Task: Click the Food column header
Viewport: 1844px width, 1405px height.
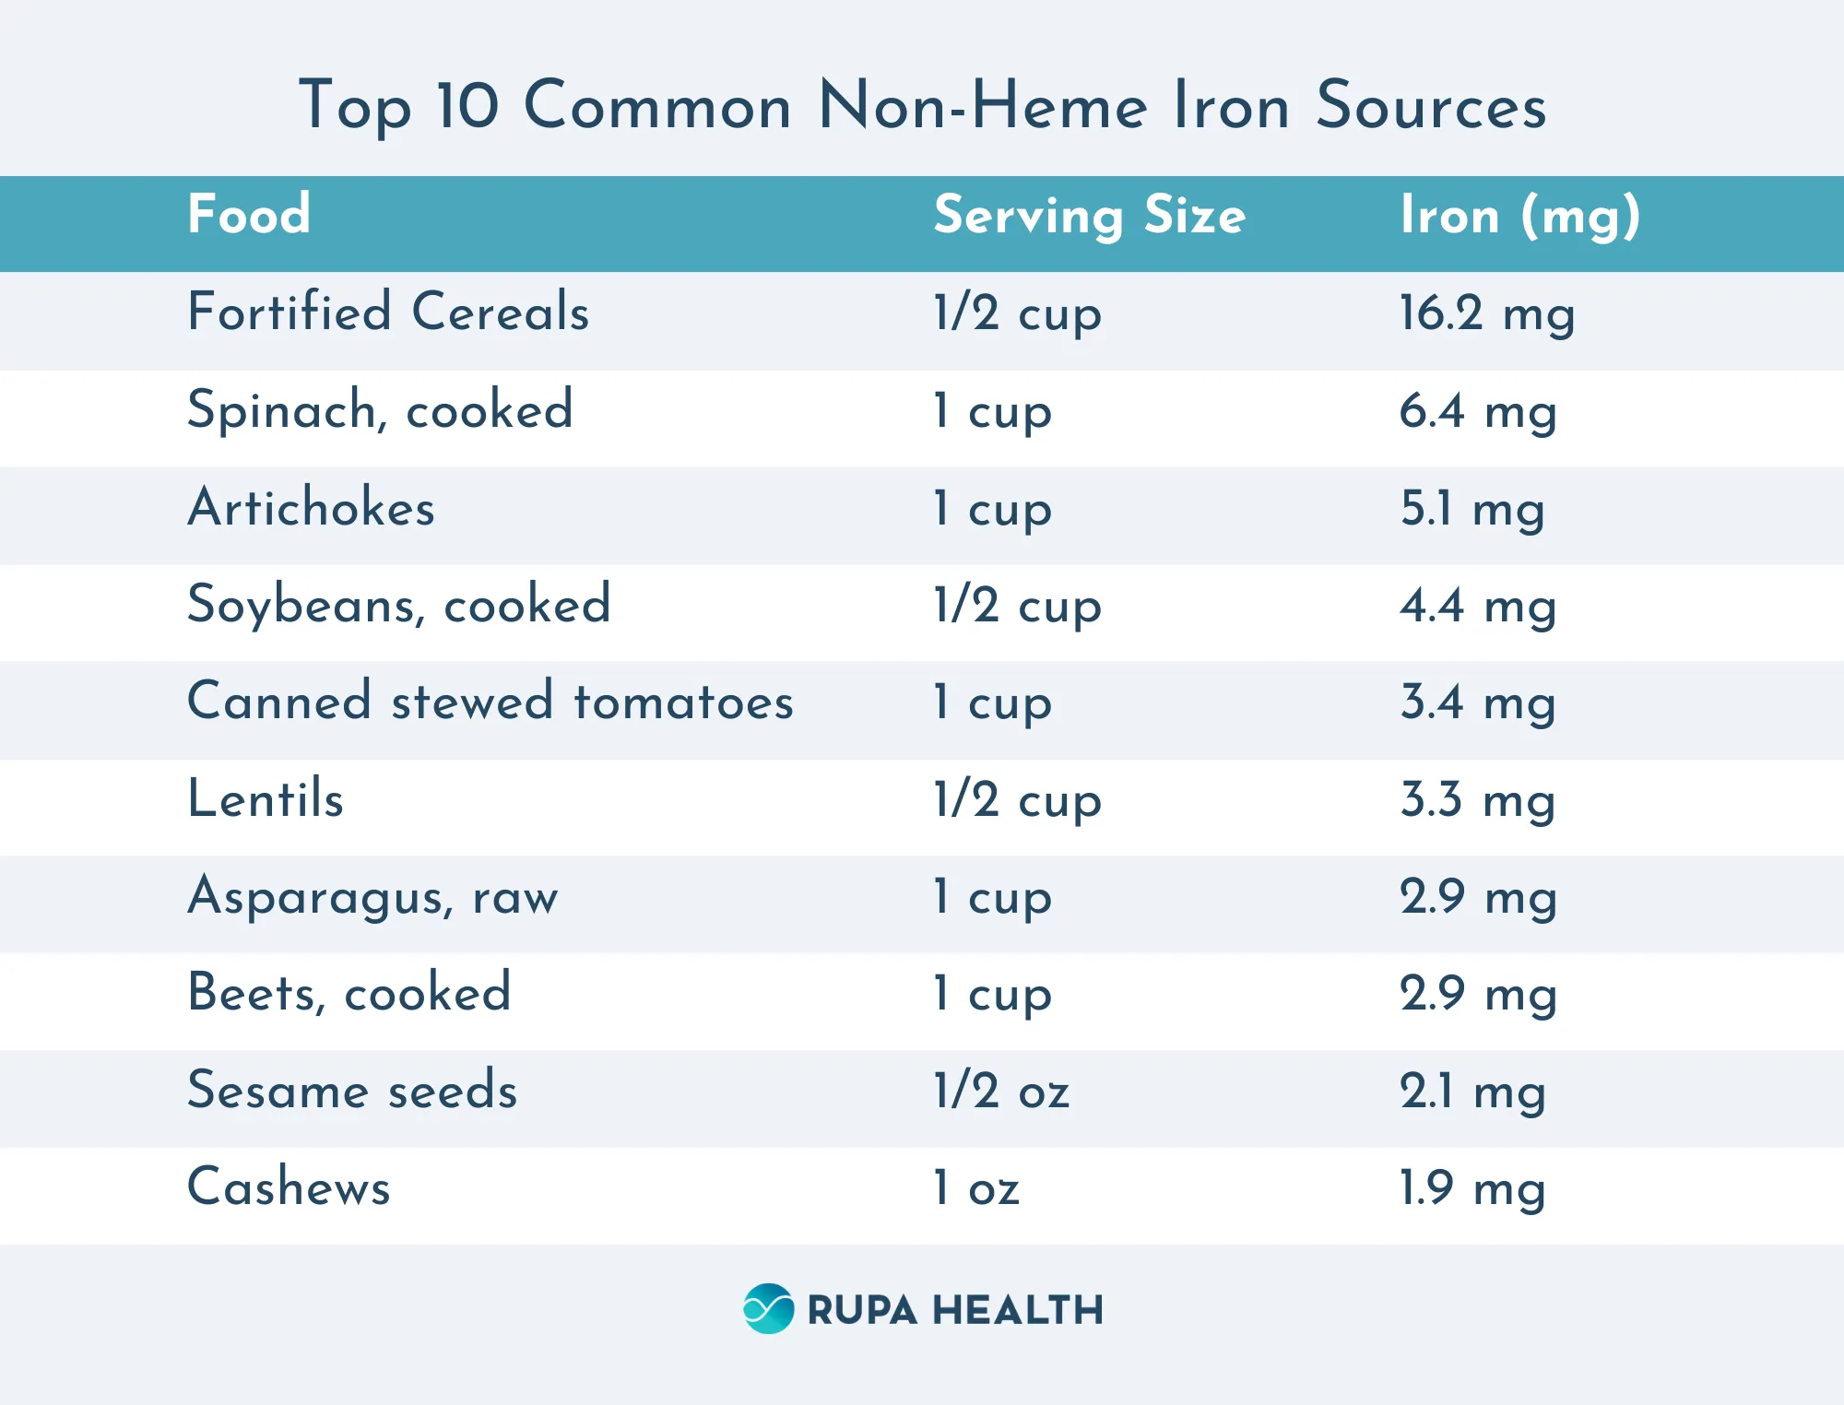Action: point(249,215)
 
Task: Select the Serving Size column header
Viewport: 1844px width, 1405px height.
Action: point(1089,217)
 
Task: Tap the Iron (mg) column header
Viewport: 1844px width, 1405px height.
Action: point(1519,217)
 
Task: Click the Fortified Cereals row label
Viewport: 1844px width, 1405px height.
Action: point(388,312)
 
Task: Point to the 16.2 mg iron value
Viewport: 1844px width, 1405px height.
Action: point(1486,313)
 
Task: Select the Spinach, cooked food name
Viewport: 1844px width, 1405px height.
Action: point(380,410)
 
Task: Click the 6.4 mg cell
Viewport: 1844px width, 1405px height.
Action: point(1477,412)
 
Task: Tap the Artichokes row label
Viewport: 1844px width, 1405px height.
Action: point(311,508)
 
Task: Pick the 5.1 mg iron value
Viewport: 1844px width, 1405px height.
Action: point(1472,509)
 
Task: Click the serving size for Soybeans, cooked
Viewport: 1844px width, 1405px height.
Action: point(1017,607)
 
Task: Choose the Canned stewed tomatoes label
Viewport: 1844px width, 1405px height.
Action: point(490,702)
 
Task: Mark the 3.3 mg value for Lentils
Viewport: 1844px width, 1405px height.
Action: point(1477,800)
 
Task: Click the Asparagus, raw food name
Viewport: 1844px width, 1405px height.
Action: point(372,897)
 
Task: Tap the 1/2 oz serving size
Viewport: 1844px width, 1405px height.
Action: point(1001,1092)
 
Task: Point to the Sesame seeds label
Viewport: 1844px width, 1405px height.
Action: point(352,1091)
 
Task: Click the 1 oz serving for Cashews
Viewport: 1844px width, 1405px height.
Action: point(975,1188)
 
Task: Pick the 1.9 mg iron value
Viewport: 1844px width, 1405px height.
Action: point(1472,1188)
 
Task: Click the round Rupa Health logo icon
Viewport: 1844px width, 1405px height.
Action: point(768,1308)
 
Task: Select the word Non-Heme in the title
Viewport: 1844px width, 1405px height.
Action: point(983,106)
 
